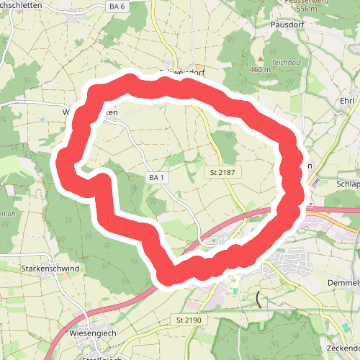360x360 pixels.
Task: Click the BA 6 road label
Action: [117, 6]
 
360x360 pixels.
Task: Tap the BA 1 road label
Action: [158, 177]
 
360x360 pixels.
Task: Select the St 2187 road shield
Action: [224, 173]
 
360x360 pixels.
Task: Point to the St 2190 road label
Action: [190, 319]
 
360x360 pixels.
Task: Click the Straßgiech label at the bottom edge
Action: [101, 358]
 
